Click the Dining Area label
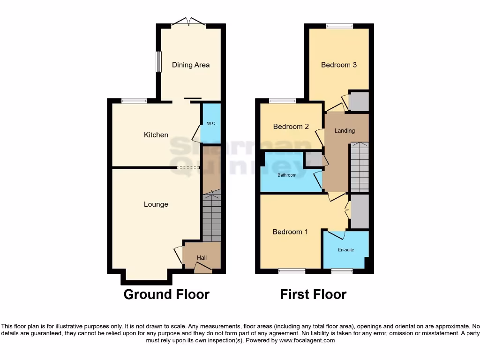click(190, 65)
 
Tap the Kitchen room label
click(156, 135)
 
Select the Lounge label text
click(156, 204)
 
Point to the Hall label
click(202, 258)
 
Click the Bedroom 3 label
click(338, 65)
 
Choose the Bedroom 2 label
click(291, 127)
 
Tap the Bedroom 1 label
click(290, 232)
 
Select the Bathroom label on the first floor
click(287, 175)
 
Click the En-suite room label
click(346, 250)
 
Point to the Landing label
click(345, 131)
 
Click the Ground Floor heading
click(166, 294)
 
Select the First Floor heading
click(313, 294)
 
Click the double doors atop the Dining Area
click(188, 22)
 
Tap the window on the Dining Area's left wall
click(159, 62)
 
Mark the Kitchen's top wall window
click(134, 100)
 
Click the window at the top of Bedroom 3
click(339, 26)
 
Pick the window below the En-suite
click(342, 271)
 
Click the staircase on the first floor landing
click(360, 167)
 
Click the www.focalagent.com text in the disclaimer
click(307, 340)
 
